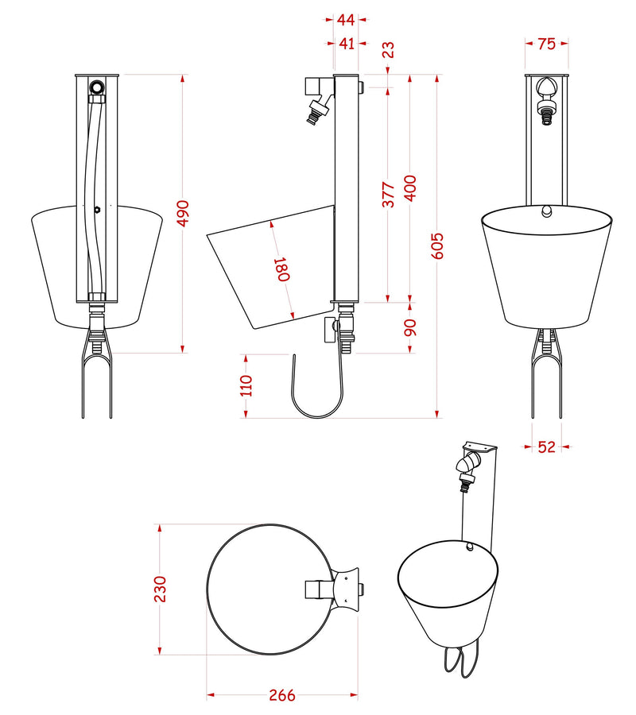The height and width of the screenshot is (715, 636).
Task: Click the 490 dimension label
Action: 183,213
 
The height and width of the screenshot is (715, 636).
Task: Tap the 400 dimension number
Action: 410,188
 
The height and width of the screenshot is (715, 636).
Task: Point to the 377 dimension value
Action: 388,195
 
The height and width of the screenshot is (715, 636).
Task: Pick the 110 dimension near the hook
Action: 246,386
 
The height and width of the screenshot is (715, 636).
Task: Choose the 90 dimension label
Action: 410,327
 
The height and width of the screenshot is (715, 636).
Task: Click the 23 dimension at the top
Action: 388,50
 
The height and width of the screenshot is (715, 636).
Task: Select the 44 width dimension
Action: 346,18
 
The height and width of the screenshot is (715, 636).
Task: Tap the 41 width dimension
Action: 346,44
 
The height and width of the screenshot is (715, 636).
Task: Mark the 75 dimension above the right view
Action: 546,44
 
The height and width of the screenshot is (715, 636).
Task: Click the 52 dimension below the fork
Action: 546,446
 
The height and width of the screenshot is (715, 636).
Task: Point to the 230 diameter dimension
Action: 160,589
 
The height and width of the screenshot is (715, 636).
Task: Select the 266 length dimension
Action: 281,696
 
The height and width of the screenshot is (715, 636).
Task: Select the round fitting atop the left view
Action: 97,87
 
